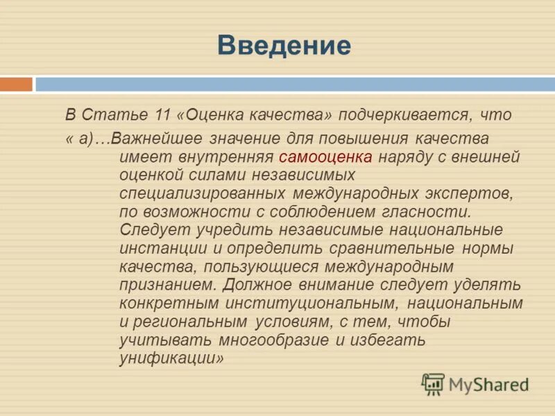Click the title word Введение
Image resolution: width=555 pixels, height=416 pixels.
click(284, 46)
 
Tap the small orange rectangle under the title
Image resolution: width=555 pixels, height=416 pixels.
click(16, 85)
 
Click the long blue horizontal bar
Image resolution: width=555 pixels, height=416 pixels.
click(295, 85)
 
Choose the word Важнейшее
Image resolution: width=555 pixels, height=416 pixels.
click(160, 139)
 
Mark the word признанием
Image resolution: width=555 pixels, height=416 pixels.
click(158, 284)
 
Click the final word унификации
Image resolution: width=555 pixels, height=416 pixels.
click(171, 358)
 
